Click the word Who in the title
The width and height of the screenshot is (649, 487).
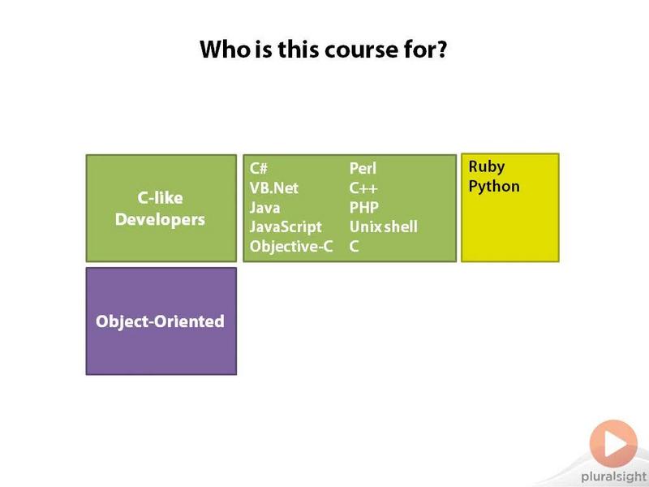[x=226, y=50]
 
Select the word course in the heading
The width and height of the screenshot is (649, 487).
[x=355, y=50]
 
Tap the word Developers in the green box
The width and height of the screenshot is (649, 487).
[x=160, y=220]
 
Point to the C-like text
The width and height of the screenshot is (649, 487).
[x=160, y=197]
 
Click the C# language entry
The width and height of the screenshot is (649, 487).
[x=259, y=169]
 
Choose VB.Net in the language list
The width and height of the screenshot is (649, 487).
[x=273, y=188]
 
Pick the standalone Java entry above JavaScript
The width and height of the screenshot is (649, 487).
[x=265, y=208]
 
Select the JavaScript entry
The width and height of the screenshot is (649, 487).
[x=286, y=227]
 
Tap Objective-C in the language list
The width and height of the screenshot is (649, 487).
[x=291, y=247]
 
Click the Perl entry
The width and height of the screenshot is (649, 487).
[x=363, y=169]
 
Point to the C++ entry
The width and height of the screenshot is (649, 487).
[x=363, y=188]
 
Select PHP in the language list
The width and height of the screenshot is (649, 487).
[x=364, y=208]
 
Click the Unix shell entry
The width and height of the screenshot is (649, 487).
[x=384, y=227]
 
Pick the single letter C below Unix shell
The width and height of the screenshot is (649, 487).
[x=354, y=247]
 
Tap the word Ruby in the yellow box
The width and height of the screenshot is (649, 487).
[x=487, y=167]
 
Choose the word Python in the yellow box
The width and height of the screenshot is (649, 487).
[x=494, y=187]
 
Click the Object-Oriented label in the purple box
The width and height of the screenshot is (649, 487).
[x=160, y=321]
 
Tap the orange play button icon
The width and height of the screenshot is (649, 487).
[x=613, y=443]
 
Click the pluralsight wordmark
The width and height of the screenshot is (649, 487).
[x=614, y=477]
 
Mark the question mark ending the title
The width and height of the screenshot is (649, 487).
[x=441, y=50]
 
